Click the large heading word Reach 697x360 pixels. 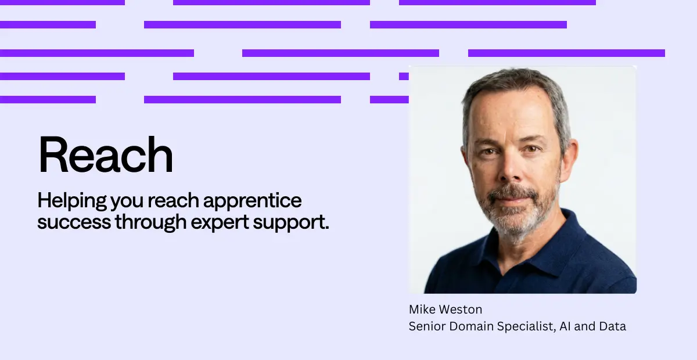(105, 154)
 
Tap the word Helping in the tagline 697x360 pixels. (72, 201)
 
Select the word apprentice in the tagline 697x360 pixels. (252, 201)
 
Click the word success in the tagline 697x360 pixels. (74, 222)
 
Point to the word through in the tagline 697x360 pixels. (150, 222)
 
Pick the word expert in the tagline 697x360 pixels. (220, 223)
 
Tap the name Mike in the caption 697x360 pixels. (421, 309)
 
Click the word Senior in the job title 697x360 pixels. (427, 326)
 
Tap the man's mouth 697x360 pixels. (512, 199)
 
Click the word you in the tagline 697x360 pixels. (127, 203)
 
